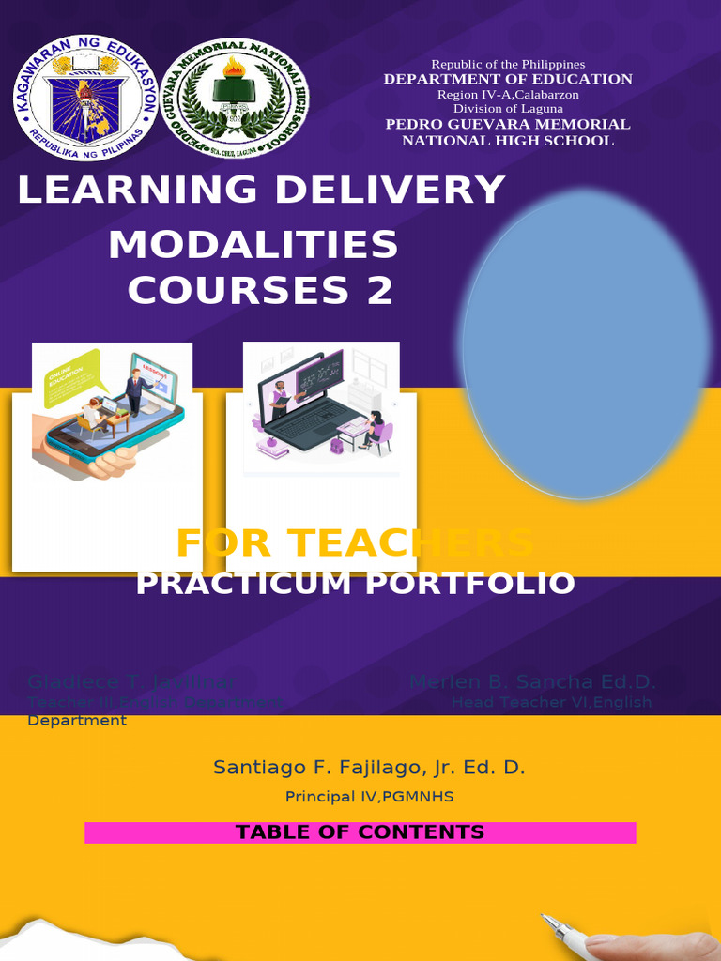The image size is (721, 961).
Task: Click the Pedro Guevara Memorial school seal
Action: (234, 99)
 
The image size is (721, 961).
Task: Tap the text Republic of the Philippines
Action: (508, 64)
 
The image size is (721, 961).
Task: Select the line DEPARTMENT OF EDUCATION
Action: (508, 79)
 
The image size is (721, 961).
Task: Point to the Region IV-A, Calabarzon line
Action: (508, 94)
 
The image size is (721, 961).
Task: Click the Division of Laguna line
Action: (508, 109)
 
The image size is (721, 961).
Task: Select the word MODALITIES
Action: (253, 246)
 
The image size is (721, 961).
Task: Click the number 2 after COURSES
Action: (379, 291)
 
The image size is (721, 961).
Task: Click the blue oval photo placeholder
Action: (585, 343)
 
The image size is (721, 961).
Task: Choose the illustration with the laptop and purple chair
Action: (321, 410)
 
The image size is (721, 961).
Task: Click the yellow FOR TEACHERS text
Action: (355, 542)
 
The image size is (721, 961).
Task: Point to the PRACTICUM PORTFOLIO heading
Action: (355, 584)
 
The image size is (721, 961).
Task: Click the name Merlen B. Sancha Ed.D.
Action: (533, 682)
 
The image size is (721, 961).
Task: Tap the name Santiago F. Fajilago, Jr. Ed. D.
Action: (369, 768)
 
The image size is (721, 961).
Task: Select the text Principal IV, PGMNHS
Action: (369, 797)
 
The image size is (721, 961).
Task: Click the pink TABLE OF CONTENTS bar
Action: (360, 832)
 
